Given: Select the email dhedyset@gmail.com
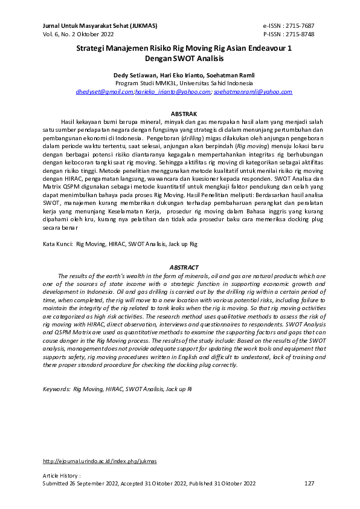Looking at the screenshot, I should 104,92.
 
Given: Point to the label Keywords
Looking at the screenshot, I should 56,390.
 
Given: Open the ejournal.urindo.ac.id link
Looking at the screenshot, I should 100,461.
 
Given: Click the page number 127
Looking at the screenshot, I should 310,484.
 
